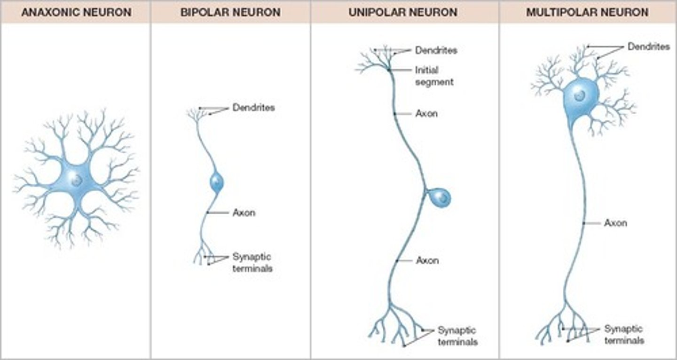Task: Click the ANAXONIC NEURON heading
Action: pyautogui.click(x=75, y=12)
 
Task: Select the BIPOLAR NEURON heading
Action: pyautogui.click(x=230, y=12)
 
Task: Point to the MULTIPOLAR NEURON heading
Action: pyautogui.click(x=587, y=12)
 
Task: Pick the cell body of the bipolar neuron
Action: pyautogui.click(x=216, y=182)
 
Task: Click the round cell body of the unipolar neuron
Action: pyautogui.click(x=441, y=197)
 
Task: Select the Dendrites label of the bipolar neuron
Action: pyautogui.click(x=253, y=108)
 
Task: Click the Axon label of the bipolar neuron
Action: pyautogui.click(x=244, y=213)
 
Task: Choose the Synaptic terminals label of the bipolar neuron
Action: pyautogui.click(x=252, y=263)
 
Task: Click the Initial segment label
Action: pyautogui.click(x=433, y=76)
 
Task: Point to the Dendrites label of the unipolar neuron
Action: pyautogui.click(x=436, y=50)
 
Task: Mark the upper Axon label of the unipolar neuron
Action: pyautogui.click(x=426, y=114)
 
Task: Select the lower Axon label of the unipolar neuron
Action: pyautogui.click(x=427, y=260)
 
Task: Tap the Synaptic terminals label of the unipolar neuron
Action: pyautogui.click(x=457, y=336)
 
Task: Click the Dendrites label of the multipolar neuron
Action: pyautogui.click(x=648, y=47)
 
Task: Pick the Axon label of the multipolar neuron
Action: pyautogui.click(x=615, y=223)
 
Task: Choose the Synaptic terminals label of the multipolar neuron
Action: pyautogui.click(x=623, y=335)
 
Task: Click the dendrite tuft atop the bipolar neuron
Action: pyautogui.click(x=194, y=114)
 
